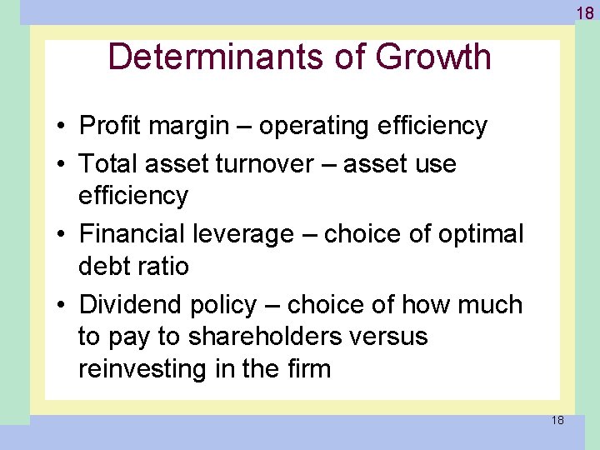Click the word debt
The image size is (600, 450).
[102, 267]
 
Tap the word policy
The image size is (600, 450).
[222, 306]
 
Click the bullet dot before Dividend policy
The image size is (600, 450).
[63, 306]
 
